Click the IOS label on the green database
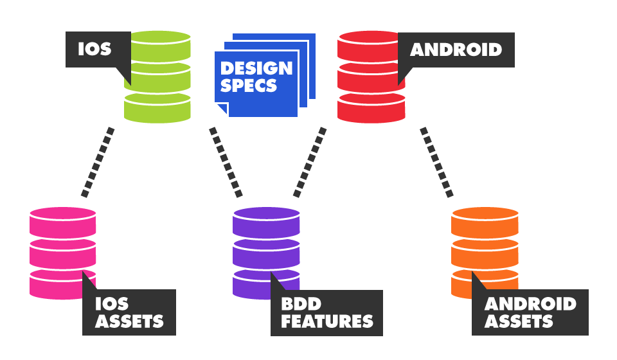coord(94,49)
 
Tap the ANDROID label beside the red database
coord(456,49)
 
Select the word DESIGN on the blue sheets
coord(256,68)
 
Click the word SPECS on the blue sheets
coord(249,85)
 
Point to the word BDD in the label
coord(300,303)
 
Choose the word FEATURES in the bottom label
coord(326,321)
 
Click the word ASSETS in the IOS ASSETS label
coord(129,321)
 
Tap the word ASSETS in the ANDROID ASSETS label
coord(519,321)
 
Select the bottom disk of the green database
coord(157,108)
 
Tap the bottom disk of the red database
coord(371,108)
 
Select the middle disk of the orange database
coord(485,253)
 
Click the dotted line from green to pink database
coord(98,161)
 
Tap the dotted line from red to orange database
coord(436,161)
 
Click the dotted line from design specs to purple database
coord(226,161)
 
